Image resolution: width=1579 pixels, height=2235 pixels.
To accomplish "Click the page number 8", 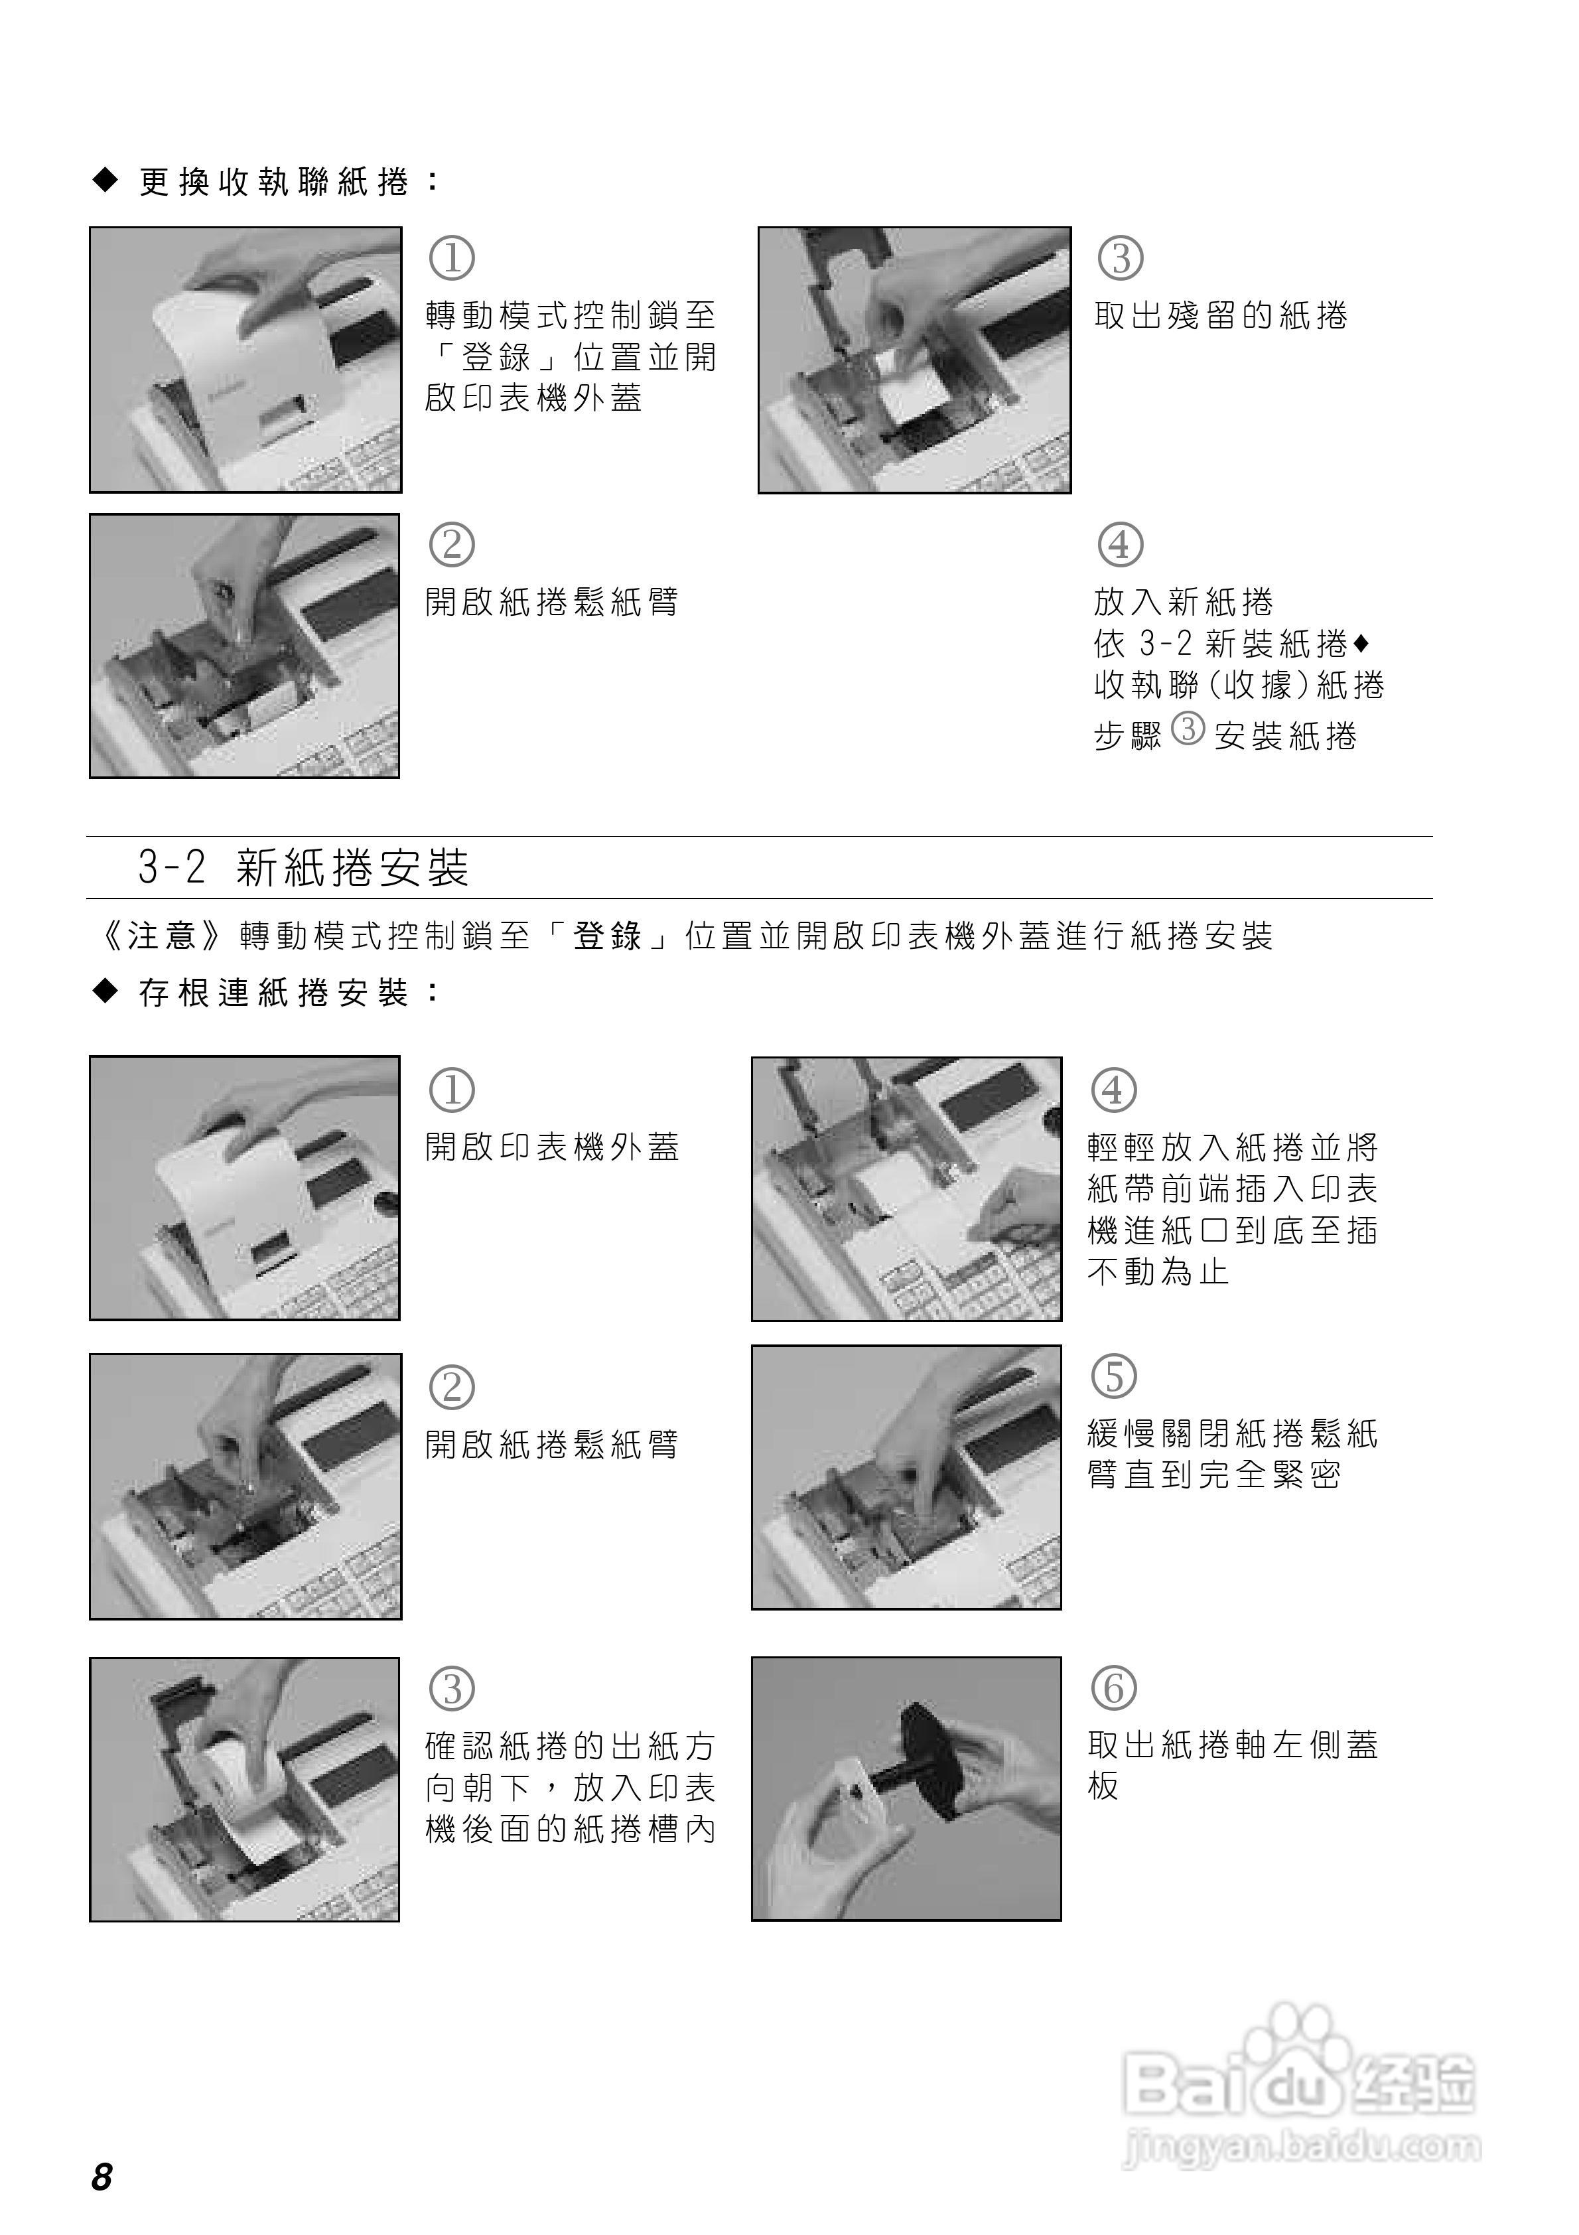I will [x=102, y=2176].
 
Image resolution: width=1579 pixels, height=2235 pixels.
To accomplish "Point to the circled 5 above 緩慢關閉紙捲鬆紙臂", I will [x=1114, y=1376].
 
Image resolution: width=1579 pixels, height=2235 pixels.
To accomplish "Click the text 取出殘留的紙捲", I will [x=1221, y=315].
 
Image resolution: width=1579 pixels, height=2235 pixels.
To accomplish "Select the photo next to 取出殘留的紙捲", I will [x=914, y=360].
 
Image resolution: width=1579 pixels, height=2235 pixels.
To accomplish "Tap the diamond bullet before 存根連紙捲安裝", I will [x=104, y=992].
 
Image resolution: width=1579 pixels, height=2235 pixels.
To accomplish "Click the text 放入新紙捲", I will [x=1183, y=602].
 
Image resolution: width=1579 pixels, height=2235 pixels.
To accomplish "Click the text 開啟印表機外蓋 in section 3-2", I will [x=552, y=1147].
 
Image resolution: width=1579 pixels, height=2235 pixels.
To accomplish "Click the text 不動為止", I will [x=1158, y=1271].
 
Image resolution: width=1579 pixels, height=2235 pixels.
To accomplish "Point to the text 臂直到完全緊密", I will [x=1214, y=1475].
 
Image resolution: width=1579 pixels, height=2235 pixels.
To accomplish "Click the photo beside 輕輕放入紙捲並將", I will [x=906, y=1189].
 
